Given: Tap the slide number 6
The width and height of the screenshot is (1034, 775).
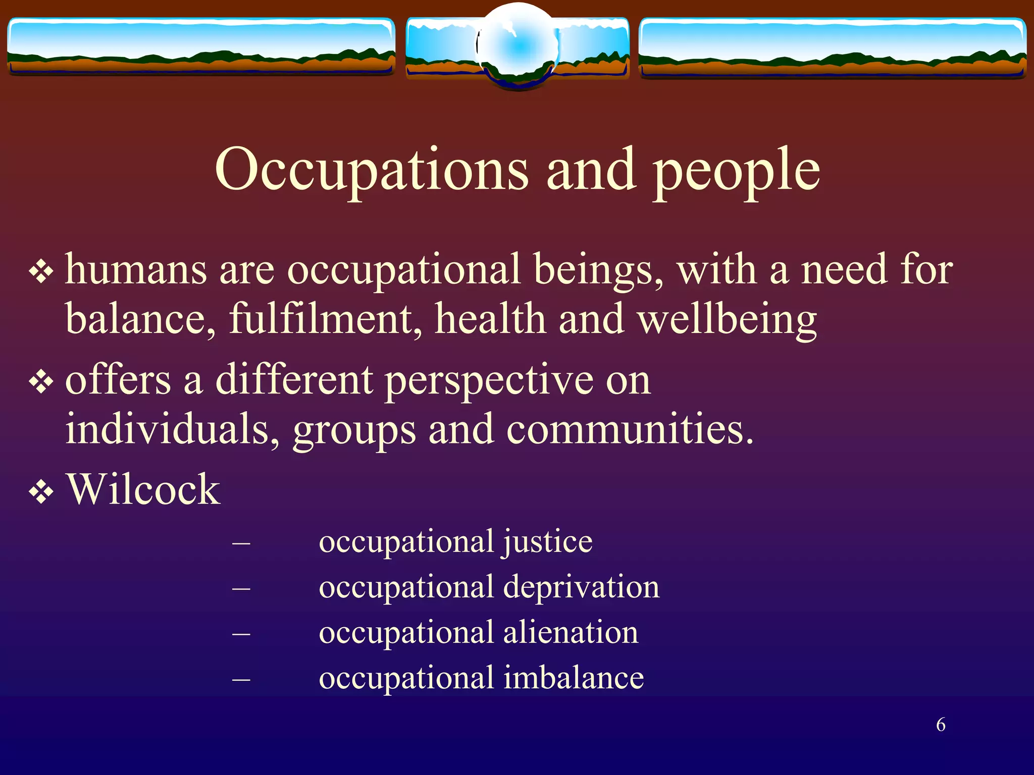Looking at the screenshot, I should (941, 725).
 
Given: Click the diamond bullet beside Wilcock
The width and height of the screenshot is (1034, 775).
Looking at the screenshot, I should (41, 492).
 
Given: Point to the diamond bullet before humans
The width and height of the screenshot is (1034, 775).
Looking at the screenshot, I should (41, 272).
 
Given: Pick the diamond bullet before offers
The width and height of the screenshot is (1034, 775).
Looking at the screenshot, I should (41, 382).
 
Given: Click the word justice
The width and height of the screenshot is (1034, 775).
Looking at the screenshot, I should (547, 542).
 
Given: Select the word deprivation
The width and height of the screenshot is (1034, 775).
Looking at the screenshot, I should (581, 587).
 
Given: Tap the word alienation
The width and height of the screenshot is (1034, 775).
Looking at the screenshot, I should (571, 632).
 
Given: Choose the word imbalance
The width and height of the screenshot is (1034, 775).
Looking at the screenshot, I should (574, 677).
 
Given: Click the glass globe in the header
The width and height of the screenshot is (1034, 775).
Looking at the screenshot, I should (518, 46).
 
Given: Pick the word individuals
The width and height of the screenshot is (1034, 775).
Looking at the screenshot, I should (172, 429).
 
